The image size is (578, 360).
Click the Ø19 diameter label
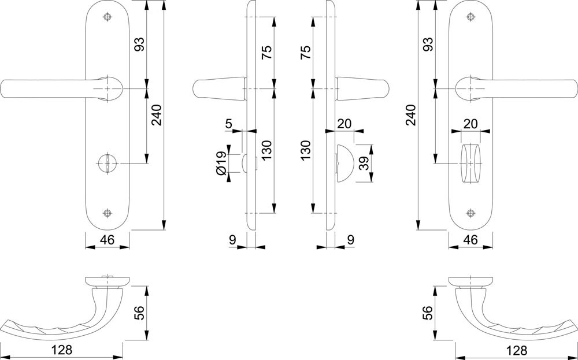click(x=221, y=163)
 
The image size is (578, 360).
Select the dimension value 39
click(x=365, y=163)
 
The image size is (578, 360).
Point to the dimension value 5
click(x=229, y=124)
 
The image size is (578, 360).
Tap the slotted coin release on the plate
click(x=108, y=163)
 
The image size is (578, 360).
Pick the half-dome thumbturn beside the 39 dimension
click(x=344, y=163)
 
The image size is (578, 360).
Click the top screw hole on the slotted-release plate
click(x=108, y=17)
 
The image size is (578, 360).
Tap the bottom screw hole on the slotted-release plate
click(x=108, y=213)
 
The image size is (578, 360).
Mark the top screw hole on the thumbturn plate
click(x=470, y=17)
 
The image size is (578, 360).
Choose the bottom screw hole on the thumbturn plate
click(x=470, y=213)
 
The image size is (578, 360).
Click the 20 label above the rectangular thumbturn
click(x=470, y=124)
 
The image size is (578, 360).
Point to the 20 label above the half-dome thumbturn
click(x=344, y=124)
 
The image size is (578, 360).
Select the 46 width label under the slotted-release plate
click(x=107, y=240)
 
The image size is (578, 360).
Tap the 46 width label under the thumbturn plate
click(x=470, y=240)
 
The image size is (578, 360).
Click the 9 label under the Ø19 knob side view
click(x=232, y=240)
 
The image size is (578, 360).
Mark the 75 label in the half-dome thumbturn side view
click(x=306, y=53)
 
